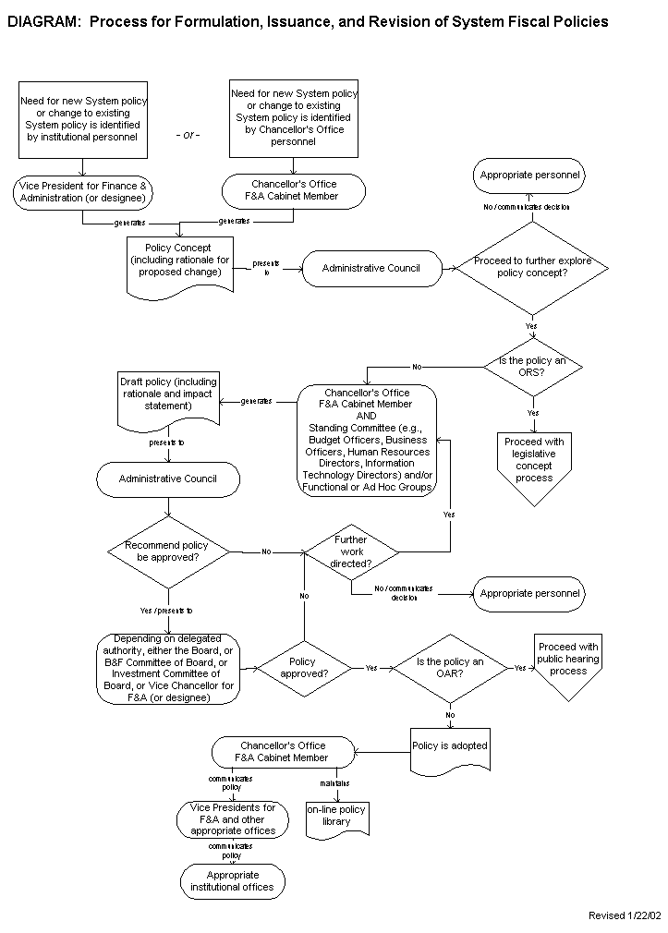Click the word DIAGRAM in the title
pos(43,22)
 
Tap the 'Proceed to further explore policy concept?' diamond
pos(532,267)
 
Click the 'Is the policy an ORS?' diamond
pos(532,367)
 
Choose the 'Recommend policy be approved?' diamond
pos(167,551)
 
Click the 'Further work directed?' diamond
pos(351,551)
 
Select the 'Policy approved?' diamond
pos(302,667)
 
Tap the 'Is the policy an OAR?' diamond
pos(450,667)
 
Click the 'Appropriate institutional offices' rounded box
pos(233,881)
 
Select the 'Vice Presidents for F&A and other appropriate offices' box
pos(233,818)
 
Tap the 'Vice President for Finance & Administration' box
pos(84,192)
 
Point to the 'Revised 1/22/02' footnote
pos(625,915)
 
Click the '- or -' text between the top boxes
pos(188,135)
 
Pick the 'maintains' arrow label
pos(334,782)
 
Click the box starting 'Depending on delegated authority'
pos(169,668)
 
